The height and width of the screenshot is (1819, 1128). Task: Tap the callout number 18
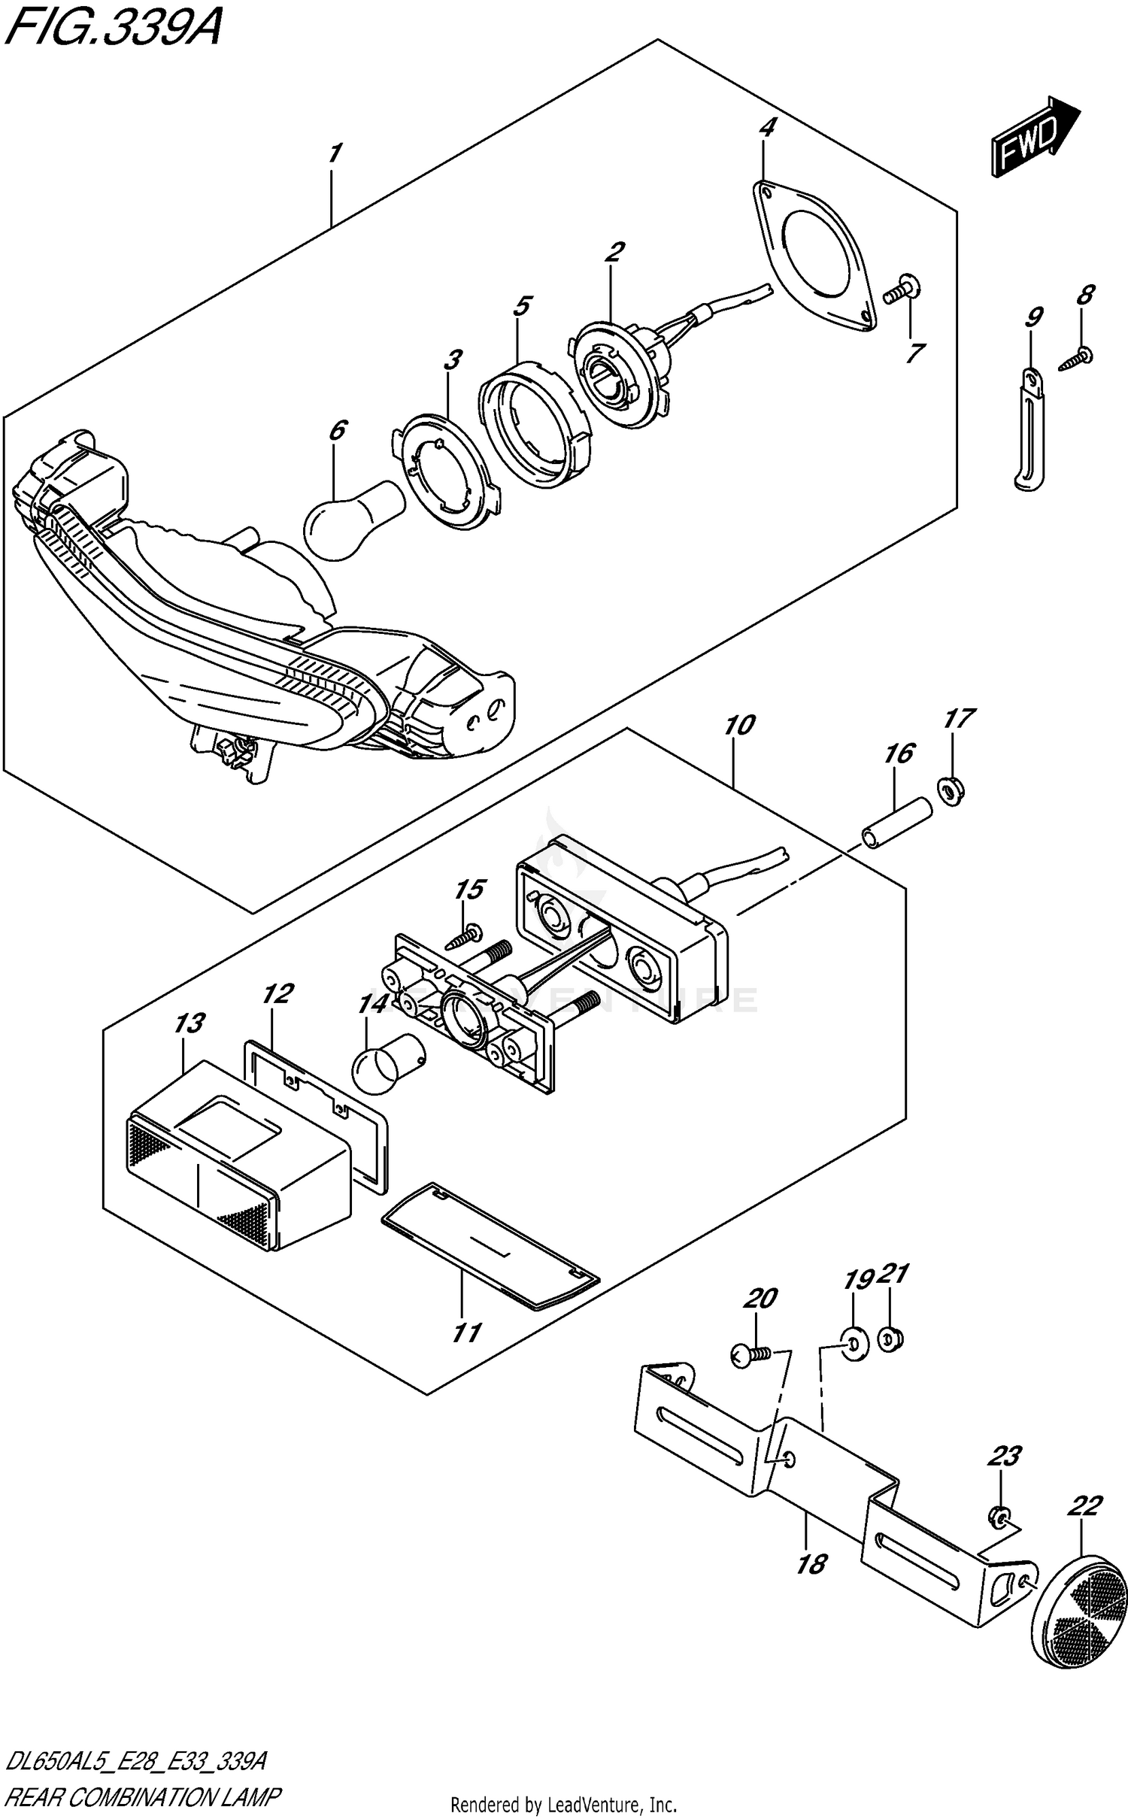click(811, 1565)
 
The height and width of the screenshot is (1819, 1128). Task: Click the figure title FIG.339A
click(111, 29)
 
